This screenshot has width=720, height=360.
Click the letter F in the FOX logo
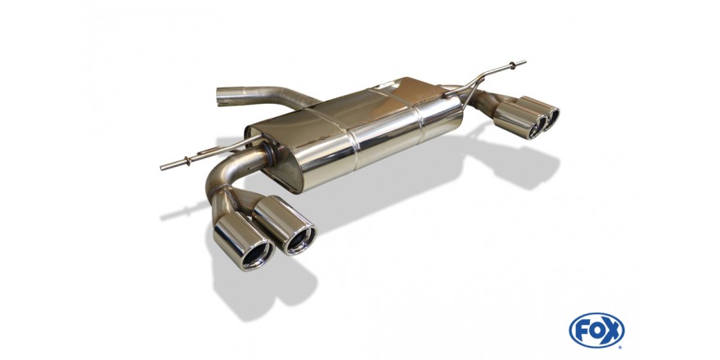point(581,330)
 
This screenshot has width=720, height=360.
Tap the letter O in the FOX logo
point(597,330)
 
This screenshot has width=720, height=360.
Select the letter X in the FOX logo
point(613,330)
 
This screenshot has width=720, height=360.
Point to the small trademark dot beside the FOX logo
point(621,346)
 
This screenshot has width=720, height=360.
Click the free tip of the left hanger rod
point(162,168)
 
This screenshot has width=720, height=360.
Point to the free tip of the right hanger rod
point(524,61)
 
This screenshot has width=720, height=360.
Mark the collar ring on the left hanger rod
point(187,160)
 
